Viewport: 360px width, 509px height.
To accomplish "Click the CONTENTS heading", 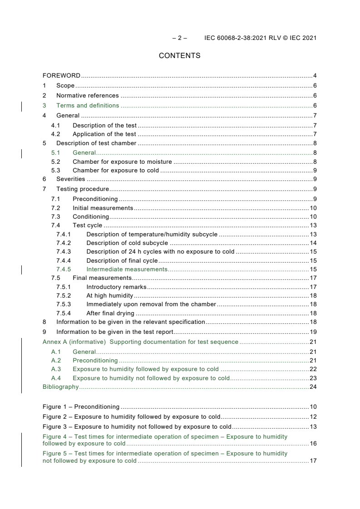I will [x=179, y=56].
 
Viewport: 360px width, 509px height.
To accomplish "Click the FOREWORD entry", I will [x=61, y=75].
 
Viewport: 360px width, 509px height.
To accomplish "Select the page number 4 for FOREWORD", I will [x=315, y=75].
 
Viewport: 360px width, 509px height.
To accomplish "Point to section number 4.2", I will [x=55, y=134].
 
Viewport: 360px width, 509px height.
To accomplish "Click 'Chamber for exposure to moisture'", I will [x=122, y=161].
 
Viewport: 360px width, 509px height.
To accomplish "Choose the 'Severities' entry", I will [x=70, y=179].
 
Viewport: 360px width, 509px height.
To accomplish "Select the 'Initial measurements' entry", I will [x=103, y=208].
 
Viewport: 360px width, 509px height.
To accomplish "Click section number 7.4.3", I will [x=64, y=251].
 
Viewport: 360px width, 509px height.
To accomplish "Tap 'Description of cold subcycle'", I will [x=127, y=243].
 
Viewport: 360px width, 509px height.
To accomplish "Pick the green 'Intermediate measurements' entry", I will [x=127, y=269].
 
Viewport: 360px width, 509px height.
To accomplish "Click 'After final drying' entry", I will [x=110, y=313].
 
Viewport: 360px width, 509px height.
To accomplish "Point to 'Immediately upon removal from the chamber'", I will [x=151, y=304].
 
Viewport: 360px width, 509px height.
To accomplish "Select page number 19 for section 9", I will [x=313, y=332].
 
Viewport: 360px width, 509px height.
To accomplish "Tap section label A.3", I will [x=56, y=369].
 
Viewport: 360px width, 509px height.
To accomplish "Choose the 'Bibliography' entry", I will [x=60, y=387].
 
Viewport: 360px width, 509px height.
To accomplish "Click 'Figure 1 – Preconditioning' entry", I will [x=81, y=406].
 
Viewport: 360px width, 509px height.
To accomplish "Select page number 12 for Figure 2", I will [x=313, y=416].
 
